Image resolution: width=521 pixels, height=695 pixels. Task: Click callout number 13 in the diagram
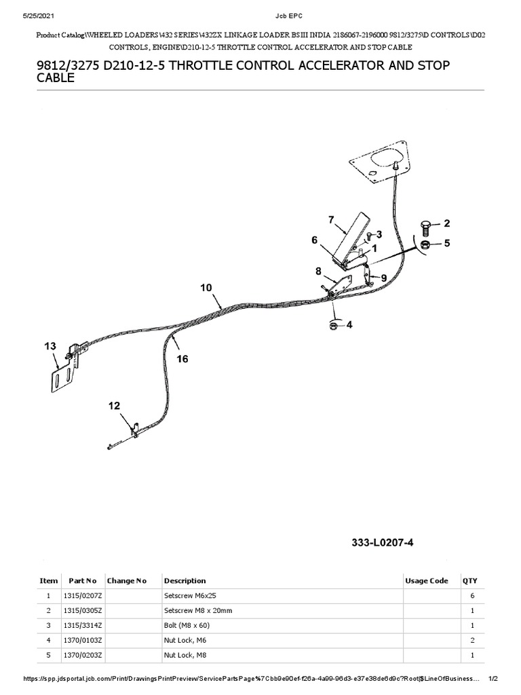(50, 346)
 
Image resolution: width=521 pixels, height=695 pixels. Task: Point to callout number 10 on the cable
(206, 288)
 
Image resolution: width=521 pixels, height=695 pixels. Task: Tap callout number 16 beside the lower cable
(182, 359)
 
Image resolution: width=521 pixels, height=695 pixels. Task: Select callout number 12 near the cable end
(114, 406)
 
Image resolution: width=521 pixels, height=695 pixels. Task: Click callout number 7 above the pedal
(331, 219)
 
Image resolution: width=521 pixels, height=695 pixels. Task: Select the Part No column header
(82, 581)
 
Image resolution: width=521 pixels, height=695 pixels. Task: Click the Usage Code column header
(427, 581)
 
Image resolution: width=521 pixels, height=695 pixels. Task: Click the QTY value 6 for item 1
(471, 596)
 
